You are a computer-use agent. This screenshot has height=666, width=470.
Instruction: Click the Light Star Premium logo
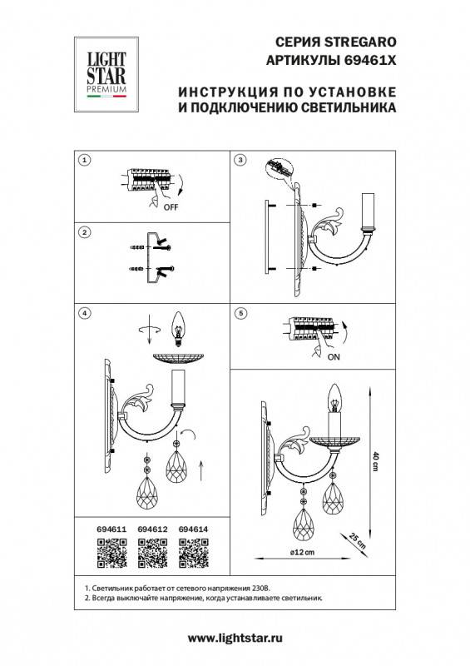tap(106, 72)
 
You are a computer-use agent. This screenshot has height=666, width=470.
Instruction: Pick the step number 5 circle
tap(240, 313)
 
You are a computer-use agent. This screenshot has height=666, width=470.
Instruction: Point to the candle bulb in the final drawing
tap(337, 400)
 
